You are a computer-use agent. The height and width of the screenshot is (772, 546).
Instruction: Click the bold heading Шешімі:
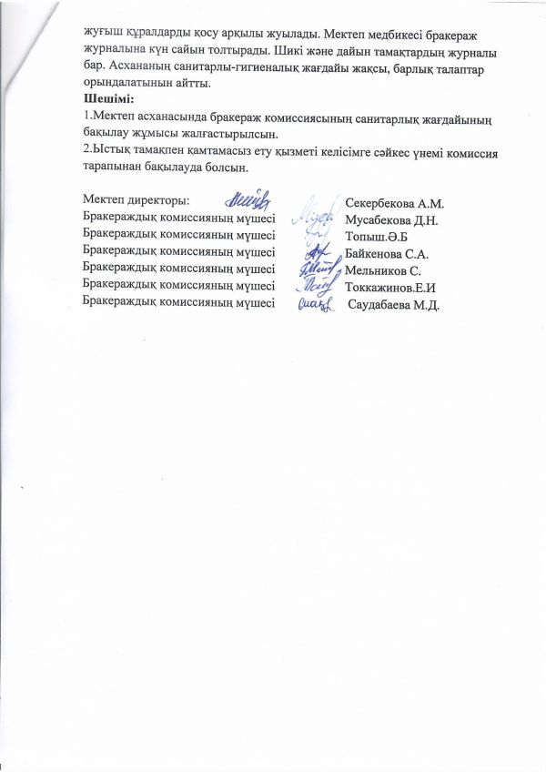pyautogui.click(x=107, y=99)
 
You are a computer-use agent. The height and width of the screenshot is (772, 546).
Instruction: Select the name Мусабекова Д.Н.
pyautogui.click(x=392, y=220)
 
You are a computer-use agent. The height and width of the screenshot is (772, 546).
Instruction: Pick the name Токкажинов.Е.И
pyautogui.click(x=393, y=288)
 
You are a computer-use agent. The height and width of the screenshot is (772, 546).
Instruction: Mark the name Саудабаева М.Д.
pyautogui.click(x=395, y=304)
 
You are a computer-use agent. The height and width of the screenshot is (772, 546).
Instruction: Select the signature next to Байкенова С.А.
pyautogui.click(x=315, y=253)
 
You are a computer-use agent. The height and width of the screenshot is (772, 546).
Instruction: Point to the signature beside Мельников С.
pyautogui.click(x=313, y=269)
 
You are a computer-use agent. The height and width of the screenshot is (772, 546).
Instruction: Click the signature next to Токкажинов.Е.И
pyautogui.click(x=315, y=287)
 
